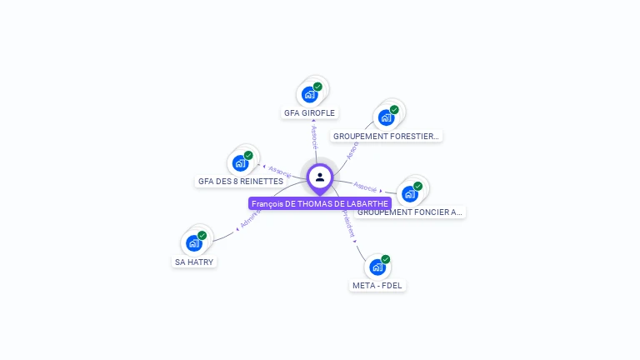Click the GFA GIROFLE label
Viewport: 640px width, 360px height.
pyautogui.click(x=309, y=112)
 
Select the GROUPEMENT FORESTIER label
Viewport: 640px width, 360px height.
pyautogui.click(x=386, y=136)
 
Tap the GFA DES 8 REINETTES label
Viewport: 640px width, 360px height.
pyautogui.click(x=240, y=181)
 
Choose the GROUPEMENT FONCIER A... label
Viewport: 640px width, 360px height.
pyautogui.click(x=409, y=212)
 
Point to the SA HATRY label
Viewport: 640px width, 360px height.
pyautogui.click(x=194, y=262)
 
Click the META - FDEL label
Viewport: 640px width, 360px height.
pyautogui.click(x=377, y=285)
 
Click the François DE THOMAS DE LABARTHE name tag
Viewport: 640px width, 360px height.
pyautogui.click(x=320, y=203)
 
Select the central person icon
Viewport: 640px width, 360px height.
pyautogui.click(x=320, y=177)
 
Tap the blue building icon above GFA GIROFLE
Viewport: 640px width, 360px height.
pyautogui.click(x=309, y=94)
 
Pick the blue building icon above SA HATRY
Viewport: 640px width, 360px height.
pyautogui.click(x=193, y=243)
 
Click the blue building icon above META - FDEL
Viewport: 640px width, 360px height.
pyautogui.click(x=377, y=267)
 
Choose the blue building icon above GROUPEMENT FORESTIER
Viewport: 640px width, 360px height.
pyautogui.click(x=386, y=117)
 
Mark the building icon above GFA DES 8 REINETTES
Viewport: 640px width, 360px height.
pyautogui.click(x=240, y=162)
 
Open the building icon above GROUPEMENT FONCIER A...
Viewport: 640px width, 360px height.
pyautogui.click(x=408, y=194)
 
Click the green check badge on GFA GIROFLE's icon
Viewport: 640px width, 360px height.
pyautogui.click(x=317, y=87)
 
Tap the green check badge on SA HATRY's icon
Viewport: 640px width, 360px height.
pyautogui.click(x=202, y=236)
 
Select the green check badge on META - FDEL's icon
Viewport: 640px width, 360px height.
pyautogui.click(x=385, y=259)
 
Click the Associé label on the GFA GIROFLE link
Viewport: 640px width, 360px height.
pyautogui.click(x=314, y=136)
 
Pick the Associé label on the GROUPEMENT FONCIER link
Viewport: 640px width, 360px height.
pyautogui.click(x=365, y=185)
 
